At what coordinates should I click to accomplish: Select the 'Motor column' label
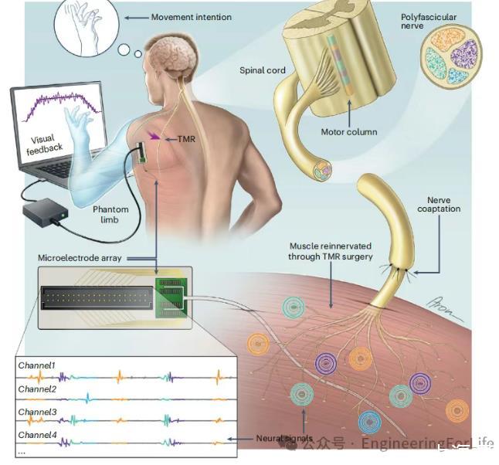click(349, 132)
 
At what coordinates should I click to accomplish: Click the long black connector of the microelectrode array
click(93, 296)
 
